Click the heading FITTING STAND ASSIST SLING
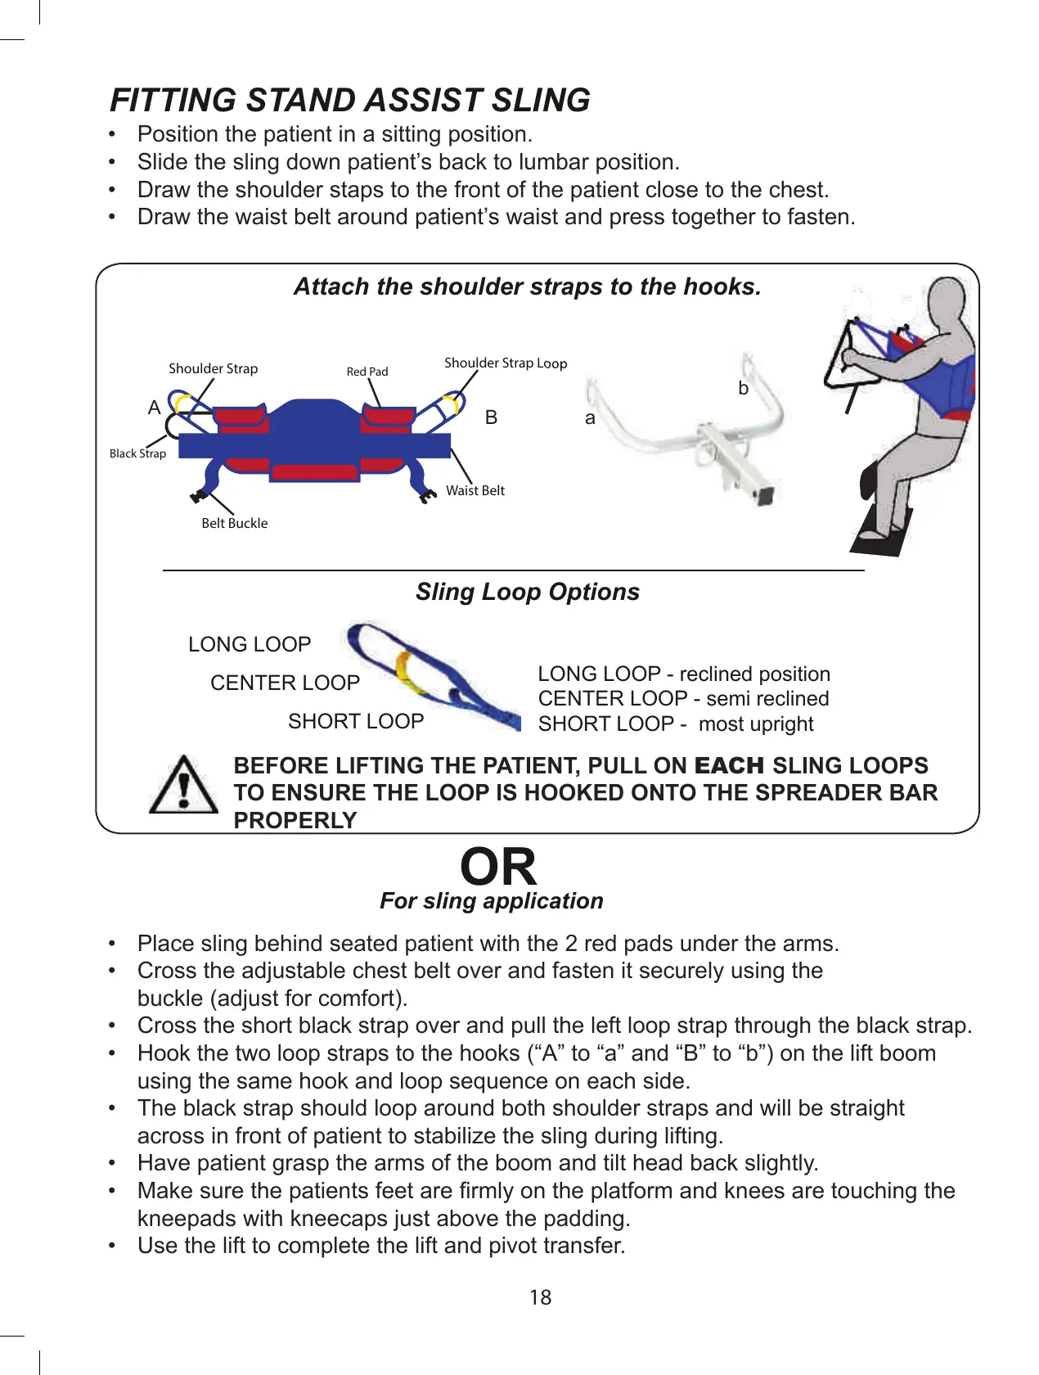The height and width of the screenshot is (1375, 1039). (x=350, y=100)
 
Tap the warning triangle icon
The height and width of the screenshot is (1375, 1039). (x=184, y=786)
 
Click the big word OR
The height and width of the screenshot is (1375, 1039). (x=498, y=867)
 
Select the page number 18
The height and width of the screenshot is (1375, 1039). (x=540, y=1297)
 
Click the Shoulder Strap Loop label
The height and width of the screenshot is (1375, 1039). (x=505, y=363)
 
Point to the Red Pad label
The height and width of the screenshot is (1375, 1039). (x=367, y=372)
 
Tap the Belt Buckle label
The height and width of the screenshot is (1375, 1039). (x=234, y=523)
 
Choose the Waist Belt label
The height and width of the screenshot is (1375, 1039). (x=475, y=490)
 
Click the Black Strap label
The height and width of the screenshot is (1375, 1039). (x=137, y=453)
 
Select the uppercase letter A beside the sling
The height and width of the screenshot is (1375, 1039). (x=154, y=408)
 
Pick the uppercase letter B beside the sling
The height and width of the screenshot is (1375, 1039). (x=491, y=417)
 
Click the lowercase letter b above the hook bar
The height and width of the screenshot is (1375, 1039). (x=743, y=388)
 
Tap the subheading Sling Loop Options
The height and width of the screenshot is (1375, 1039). (x=527, y=592)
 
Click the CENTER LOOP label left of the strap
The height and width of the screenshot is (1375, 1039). (x=285, y=683)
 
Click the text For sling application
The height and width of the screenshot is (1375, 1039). (x=491, y=901)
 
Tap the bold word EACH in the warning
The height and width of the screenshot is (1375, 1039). (x=728, y=766)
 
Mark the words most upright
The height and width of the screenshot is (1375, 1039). (x=756, y=724)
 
